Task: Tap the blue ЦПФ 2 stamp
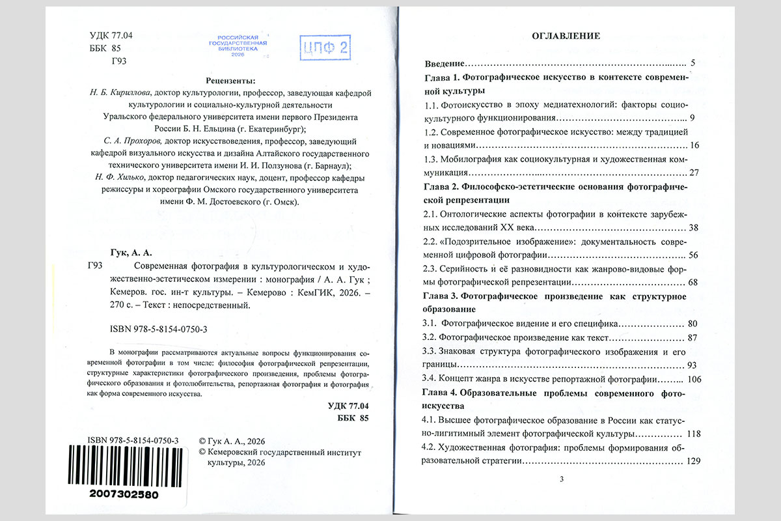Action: (x=325, y=48)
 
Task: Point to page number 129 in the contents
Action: (x=691, y=461)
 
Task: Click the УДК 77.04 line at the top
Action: (x=111, y=36)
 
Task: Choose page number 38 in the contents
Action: (x=692, y=228)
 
